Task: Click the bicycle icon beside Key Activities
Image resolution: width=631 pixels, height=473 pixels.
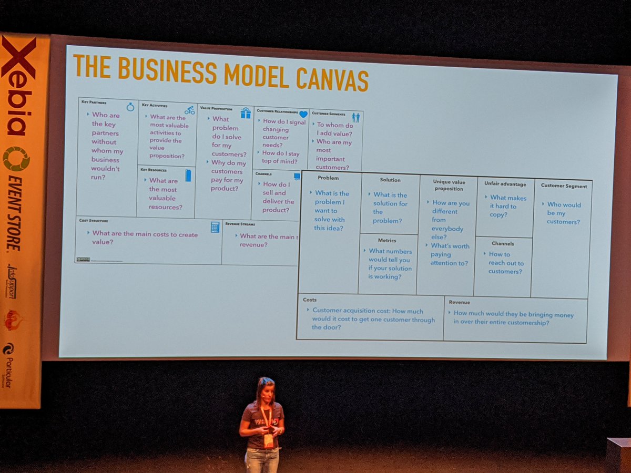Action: pyautogui.click(x=189, y=110)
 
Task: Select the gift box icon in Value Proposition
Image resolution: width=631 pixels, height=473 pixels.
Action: pyautogui.click(x=246, y=113)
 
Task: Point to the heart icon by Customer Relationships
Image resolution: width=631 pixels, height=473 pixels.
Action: pyautogui.click(x=303, y=114)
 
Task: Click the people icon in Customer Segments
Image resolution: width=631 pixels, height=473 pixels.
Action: pyautogui.click(x=356, y=117)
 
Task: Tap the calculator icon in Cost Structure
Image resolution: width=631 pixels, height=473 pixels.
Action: pyautogui.click(x=215, y=227)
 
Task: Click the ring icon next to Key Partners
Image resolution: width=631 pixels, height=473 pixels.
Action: pyautogui.click(x=130, y=107)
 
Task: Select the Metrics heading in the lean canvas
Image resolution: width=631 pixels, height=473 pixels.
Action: pyautogui.click(x=387, y=241)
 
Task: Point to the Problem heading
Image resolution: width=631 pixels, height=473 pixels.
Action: pyautogui.click(x=328, y=178)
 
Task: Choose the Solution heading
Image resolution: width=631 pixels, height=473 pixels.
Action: pyautogui.click(x=390, y=180)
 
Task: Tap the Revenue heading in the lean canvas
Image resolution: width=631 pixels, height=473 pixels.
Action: pyautogui.click(x=460, y=302)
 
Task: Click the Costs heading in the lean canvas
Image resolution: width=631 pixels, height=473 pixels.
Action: pyautogui.click(x=310, y=300)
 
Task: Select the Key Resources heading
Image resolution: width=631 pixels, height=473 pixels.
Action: pyautogui.click(x=154, y=170)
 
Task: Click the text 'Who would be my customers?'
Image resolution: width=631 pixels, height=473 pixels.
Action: pyautogui.click(x=563, y=213)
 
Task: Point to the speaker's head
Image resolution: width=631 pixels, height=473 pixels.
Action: pyautogui.click(x=266, y=389)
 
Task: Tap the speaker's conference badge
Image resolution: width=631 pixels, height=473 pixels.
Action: pyautogui.click(x=268, y=440)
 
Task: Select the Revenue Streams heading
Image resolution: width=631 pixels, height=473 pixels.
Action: pyautogui.click(x=240, y=224)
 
